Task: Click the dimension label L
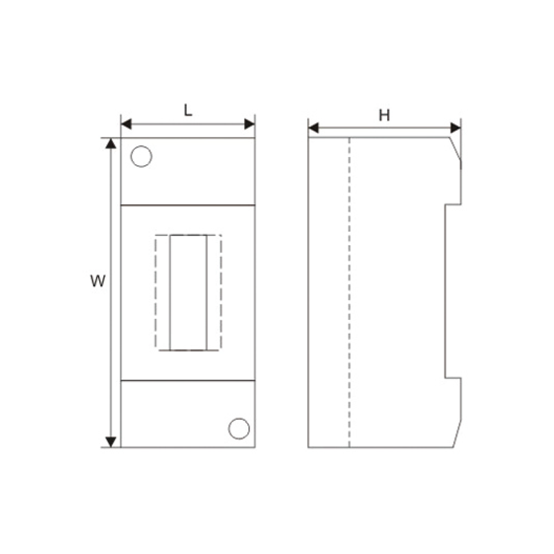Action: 188,109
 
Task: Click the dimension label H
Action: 384,115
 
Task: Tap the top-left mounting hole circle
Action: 141,157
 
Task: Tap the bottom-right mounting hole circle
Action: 239,429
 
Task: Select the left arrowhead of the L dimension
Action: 126,125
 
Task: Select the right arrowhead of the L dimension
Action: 250,125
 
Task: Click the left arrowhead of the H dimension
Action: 313,128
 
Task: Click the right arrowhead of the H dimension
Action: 456,128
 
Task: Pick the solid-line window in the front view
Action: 188,292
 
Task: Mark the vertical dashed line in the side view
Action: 349,291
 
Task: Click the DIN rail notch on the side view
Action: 452,291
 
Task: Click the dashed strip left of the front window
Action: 163,292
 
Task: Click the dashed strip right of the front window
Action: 214,292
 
